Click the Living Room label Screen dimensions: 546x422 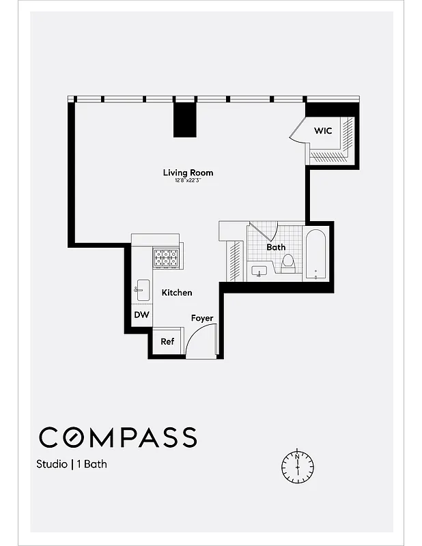point(188,173)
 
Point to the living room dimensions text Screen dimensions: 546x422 point(188,181)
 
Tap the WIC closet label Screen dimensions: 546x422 point(323,130)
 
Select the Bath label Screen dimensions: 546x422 point(276,247)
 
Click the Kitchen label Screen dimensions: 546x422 point(176,292)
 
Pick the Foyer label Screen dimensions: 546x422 point(201,318)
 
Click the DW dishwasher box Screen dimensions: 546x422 point(141,315)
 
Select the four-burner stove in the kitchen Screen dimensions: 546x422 point(166,257)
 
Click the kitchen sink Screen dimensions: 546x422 point(141,289)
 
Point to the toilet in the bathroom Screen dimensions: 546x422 point(288,263)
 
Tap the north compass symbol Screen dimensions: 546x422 point(298,466)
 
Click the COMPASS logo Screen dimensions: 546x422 point(117,437)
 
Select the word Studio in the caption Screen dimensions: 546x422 point(52,465)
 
